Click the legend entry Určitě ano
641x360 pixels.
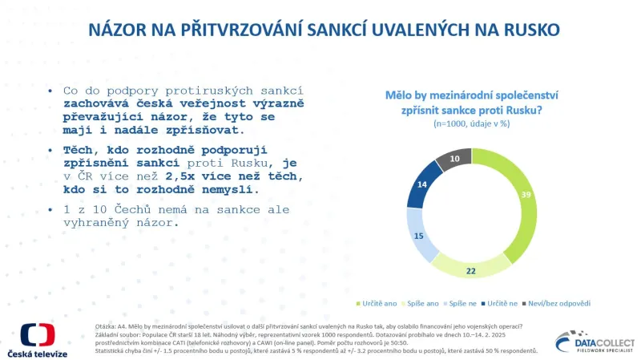click(377, 304)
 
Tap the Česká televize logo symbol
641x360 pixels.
click(37, 335)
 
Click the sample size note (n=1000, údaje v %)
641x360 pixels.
click(473, 125)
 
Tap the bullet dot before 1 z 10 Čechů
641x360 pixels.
click(52, 210)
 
